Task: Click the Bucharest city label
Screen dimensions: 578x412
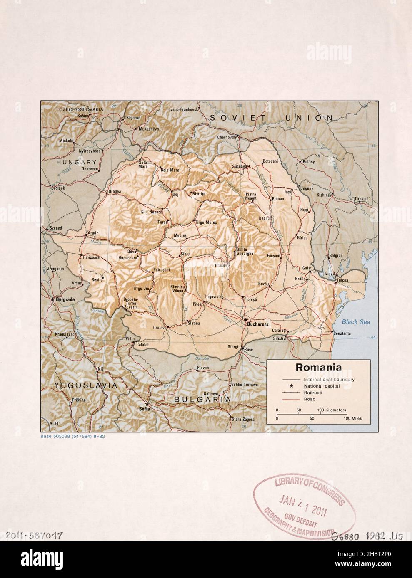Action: point(257,324)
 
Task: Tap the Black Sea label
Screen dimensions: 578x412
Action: point(353,322)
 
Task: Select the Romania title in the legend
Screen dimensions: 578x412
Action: point(318,368)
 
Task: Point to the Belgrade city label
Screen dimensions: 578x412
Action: point(63,299)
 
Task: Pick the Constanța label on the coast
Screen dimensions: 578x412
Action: point(342,333)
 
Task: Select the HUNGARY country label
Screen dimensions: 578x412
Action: point(77,162)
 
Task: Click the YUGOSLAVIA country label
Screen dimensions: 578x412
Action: point(85,386)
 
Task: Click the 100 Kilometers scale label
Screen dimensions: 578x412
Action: point(332,410)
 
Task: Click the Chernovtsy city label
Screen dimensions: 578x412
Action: point(227,137)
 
